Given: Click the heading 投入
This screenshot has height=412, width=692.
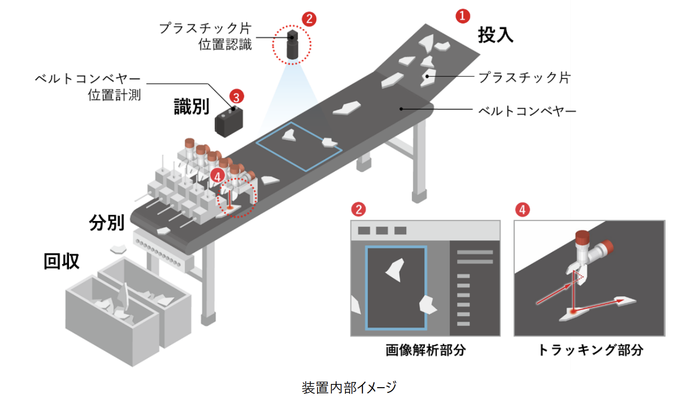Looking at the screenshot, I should point(495,35).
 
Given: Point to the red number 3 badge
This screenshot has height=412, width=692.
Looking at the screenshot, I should point(236,97).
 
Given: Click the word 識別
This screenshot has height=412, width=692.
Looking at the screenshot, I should point(191,107).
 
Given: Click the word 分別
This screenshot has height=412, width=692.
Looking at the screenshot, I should point(106,223).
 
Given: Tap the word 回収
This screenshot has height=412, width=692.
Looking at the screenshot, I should point(62,262).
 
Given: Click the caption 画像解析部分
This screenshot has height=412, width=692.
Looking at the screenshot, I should point(425,350).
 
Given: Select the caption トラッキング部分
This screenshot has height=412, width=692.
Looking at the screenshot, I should point(590,350).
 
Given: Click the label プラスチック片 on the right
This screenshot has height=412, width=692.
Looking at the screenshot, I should point(524,78).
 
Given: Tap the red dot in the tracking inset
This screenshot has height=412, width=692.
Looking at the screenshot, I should point(573,311).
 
